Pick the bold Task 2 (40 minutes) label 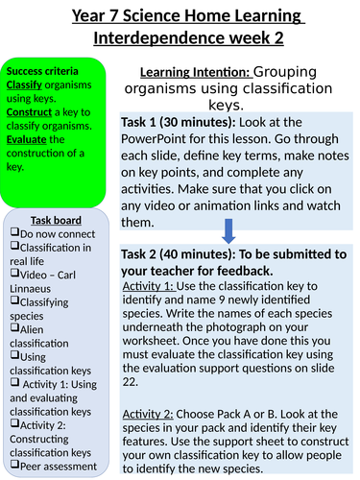[181, 253]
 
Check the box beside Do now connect [13, 233]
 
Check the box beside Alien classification [13, 328]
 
